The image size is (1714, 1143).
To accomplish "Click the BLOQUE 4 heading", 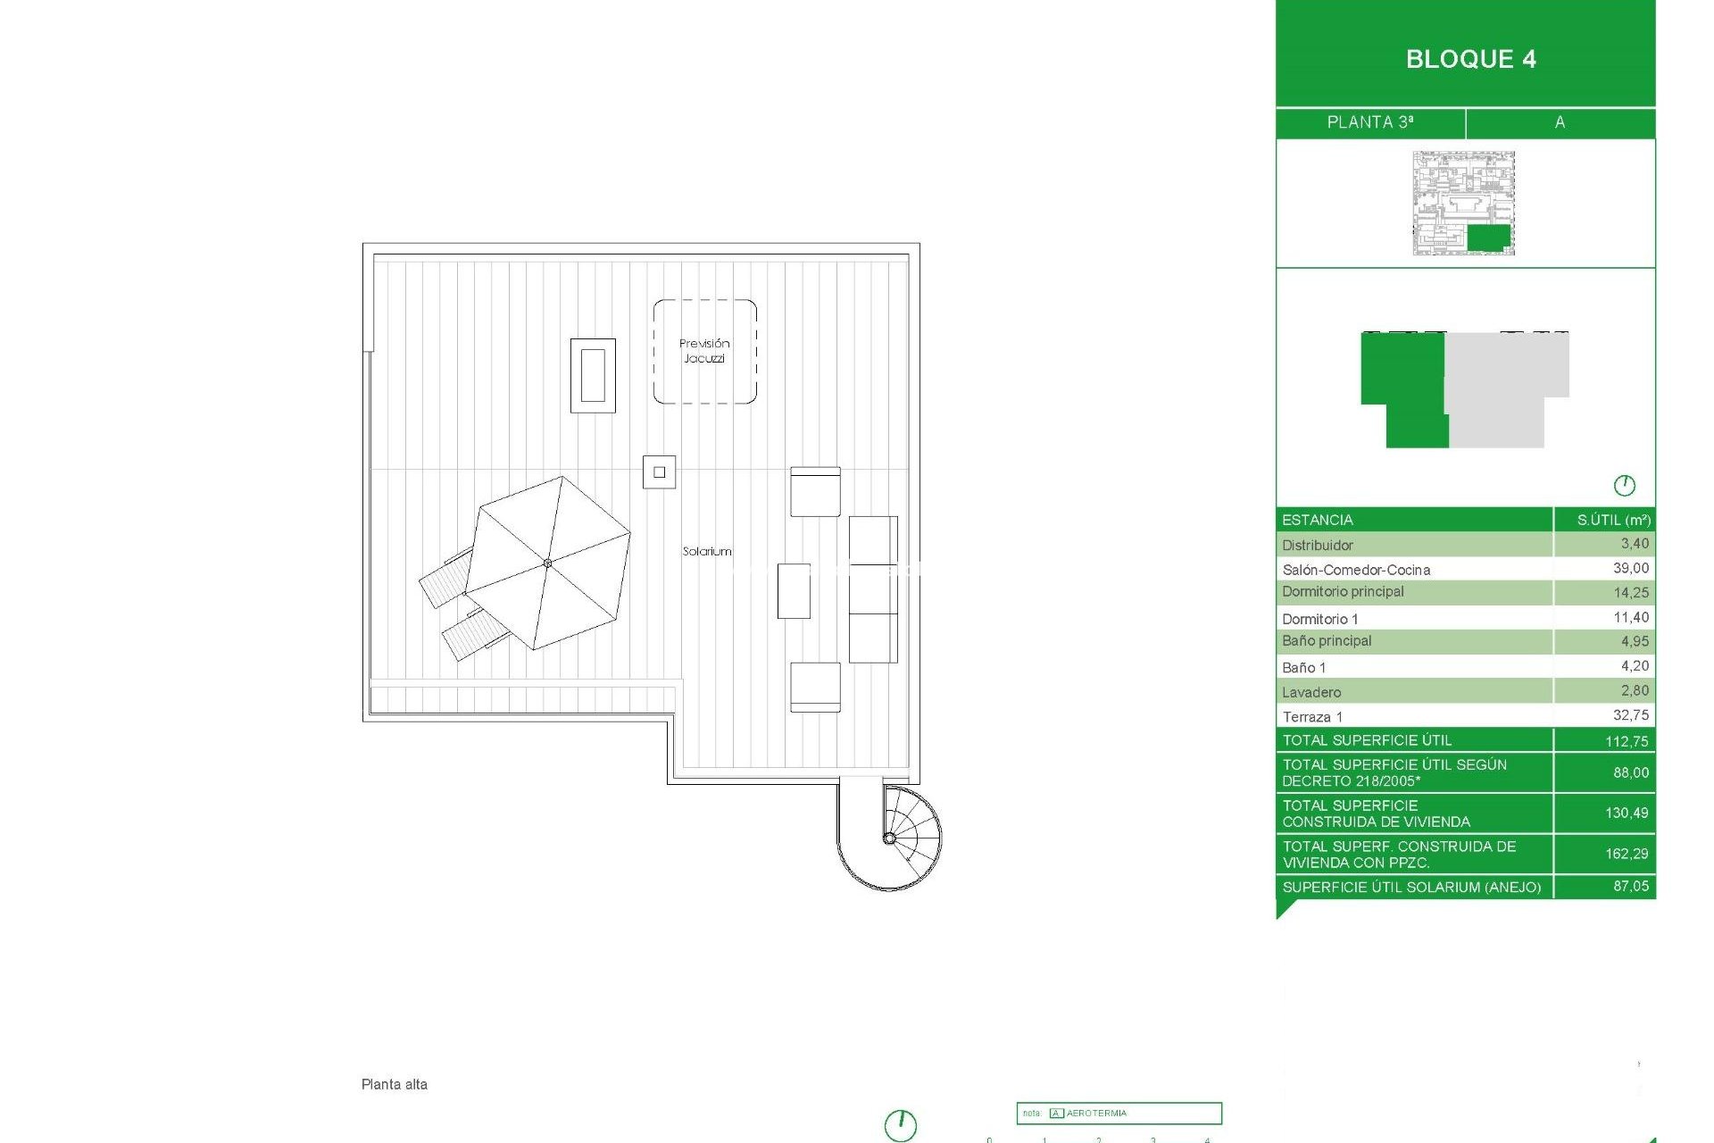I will click(x=1470, y=59).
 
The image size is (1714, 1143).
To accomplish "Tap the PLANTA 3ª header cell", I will click(x=1369, y=122).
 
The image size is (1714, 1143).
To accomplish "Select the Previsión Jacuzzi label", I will click(x=704, y=351).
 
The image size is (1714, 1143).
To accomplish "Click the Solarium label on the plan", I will click(x=707, y=552).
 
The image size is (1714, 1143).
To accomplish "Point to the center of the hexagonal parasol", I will click(x=547, y=563).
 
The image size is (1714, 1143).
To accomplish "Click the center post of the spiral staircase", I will click(x=889, y=838).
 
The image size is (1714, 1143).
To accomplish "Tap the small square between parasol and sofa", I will click(x=659, y=472).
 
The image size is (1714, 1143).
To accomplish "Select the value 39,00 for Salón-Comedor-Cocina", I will click(x=1630, y=569).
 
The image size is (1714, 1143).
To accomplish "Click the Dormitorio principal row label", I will click(x=1343, y=592).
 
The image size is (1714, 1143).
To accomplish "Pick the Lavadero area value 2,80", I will click(x=1635, y=691).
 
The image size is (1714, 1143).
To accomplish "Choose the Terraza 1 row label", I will click(x=1312, y=717).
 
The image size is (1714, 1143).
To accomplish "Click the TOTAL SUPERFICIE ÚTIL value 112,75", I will click(x=1627, y=741).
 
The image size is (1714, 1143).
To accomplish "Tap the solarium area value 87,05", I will click(x=1630, y=887).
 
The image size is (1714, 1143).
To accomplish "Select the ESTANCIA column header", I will click(x=1318, y=520).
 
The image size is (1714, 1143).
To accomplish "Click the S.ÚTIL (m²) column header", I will click(x=1613, y=520).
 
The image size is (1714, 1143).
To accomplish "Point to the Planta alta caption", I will click(x=395, y=1085).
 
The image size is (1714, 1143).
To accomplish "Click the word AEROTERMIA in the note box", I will click(x=1096, y=1114).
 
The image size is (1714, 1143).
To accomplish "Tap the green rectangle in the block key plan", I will click(x=1488, y=238).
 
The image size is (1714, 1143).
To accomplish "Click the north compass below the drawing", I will click(x=901, y=1124).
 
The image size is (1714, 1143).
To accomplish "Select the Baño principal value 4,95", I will click(x=1635, y=642).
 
